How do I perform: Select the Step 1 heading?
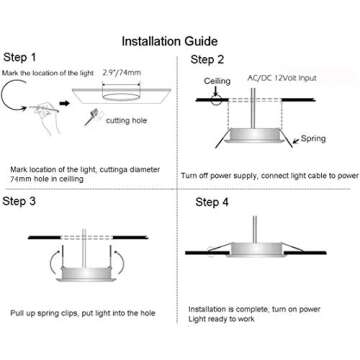click(23, 58)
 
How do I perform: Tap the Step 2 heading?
click(207, 60)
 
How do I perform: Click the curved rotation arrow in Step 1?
click(12, 101)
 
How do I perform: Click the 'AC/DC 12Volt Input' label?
click(289, 76)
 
